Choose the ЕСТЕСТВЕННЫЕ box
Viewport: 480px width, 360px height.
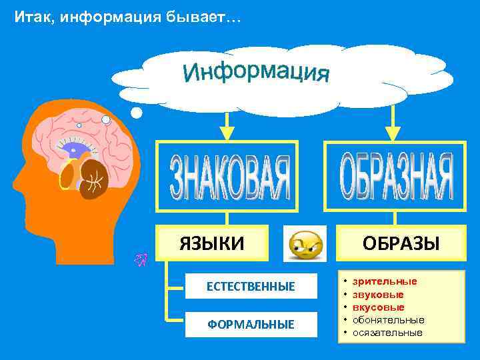tap(250, 287)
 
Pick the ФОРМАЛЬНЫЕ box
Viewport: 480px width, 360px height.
tap(250, 325)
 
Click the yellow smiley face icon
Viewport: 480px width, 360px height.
tap(305, 245)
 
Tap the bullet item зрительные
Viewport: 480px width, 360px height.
tap(385, 281)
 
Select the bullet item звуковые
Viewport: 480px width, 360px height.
tap(378, 294)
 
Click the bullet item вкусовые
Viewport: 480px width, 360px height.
tap(379, 307)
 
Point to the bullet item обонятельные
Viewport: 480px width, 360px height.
tap(388, 319)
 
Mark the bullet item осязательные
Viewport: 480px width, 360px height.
tap(387, 332)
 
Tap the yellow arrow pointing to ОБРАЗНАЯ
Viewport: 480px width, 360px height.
tap(394, 125)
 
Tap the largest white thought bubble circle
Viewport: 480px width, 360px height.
tap(136, 113)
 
